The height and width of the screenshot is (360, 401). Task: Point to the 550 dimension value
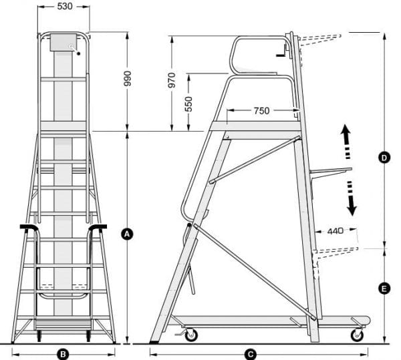(x=188, y=103)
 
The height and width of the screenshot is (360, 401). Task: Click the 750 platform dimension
(x=261, y=111)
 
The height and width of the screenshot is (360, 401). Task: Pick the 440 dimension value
(x=336, y=231)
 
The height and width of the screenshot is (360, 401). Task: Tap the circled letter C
(x=251, y=353)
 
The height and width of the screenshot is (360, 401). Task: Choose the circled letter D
(x=384, y=158)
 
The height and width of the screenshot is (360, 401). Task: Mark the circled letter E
(x=384, y=289)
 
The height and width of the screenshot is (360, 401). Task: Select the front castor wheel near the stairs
(x=190, y=334)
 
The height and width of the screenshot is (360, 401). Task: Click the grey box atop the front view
(x=65, y=42)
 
